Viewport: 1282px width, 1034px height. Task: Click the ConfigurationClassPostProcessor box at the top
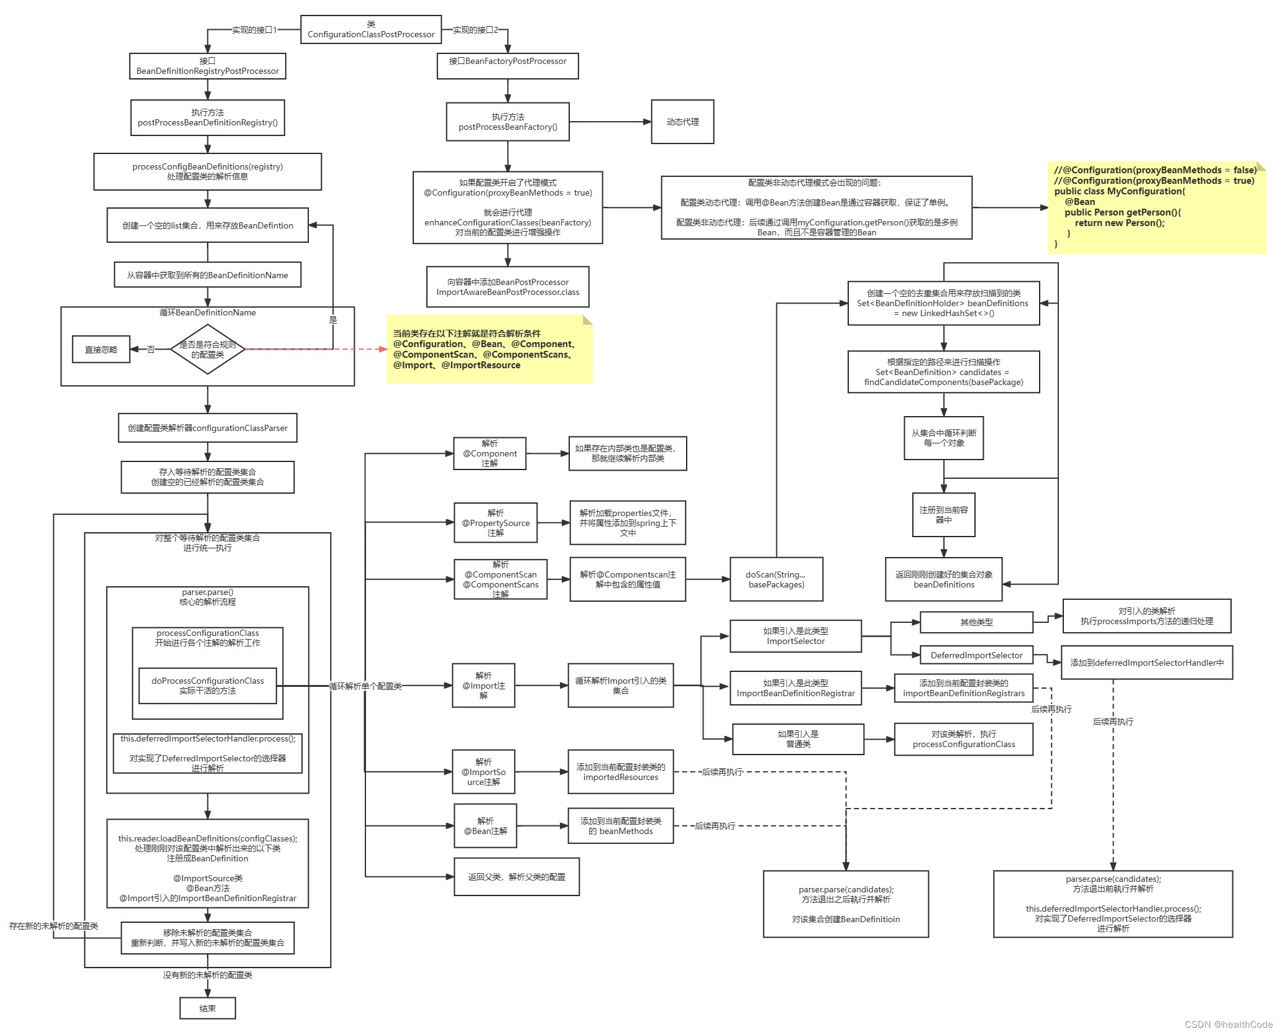(x=371, y=29)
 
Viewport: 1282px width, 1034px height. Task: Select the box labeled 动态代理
(x=682, y=122)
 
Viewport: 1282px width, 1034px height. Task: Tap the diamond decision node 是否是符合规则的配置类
(x=208, y=349)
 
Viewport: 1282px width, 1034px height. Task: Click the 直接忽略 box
(x=101, y=350)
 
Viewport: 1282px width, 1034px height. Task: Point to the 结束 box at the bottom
(x=208, y=1008)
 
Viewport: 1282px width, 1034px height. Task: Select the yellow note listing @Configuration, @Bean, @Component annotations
(x=489, y=349)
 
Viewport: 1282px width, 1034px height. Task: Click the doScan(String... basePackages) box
(x=776, y=579)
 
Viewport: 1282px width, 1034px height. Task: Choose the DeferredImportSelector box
(x=976, y=655)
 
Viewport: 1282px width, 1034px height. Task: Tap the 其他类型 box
(x=976, y=622)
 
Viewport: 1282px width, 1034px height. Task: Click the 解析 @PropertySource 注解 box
(x=495, y=523)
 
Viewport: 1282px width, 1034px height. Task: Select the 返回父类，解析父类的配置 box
(x=516, y=876)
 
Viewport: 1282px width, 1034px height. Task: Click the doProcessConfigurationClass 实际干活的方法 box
(x=208, y=686)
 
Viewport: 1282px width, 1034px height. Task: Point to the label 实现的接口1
(x=254, y=30)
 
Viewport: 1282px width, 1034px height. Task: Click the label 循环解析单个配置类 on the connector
(x=365, y=686)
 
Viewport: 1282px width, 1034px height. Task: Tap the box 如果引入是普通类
(x=798, y=739)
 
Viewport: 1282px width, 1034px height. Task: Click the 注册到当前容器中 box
(x=943, y=515)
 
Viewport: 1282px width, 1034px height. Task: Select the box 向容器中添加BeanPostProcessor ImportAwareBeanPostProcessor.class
(x=508, y=287)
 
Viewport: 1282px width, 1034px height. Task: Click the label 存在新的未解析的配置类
(x=53, y=926)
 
